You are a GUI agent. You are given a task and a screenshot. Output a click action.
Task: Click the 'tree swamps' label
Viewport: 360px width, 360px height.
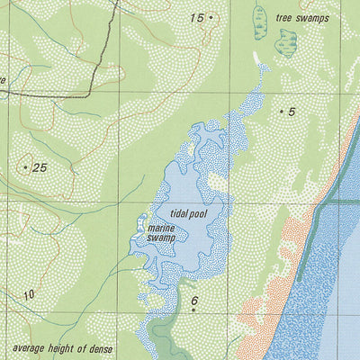tap(303, 18)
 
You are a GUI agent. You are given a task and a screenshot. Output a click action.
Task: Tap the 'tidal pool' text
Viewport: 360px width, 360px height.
tap(188, 214)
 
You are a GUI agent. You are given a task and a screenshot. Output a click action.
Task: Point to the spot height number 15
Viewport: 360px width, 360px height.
tap(196, 17)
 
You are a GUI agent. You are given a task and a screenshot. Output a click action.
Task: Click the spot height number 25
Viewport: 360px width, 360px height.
tap(39, 167)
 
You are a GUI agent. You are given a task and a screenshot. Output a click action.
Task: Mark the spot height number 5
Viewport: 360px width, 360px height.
tap(292, 112)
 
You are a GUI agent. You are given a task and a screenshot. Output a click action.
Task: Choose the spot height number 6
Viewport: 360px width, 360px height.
tap(193, 300)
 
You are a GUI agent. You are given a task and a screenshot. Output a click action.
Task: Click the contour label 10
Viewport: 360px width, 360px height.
tap(29, 294)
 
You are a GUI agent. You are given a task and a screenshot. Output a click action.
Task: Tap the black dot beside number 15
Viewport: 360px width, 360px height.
tap(211, 16)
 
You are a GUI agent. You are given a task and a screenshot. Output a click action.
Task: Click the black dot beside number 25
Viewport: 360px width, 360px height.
tap(24, 167)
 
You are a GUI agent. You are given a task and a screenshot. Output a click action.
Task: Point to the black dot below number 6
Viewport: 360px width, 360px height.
tap(193, 310)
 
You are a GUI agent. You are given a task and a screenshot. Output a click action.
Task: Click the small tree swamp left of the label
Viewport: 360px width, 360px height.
tap(259, 22)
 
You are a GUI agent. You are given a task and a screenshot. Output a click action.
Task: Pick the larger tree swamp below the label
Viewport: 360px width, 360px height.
tap(288, 40)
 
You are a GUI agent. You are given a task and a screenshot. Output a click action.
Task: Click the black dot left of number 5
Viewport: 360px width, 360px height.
tap(281, 112)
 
